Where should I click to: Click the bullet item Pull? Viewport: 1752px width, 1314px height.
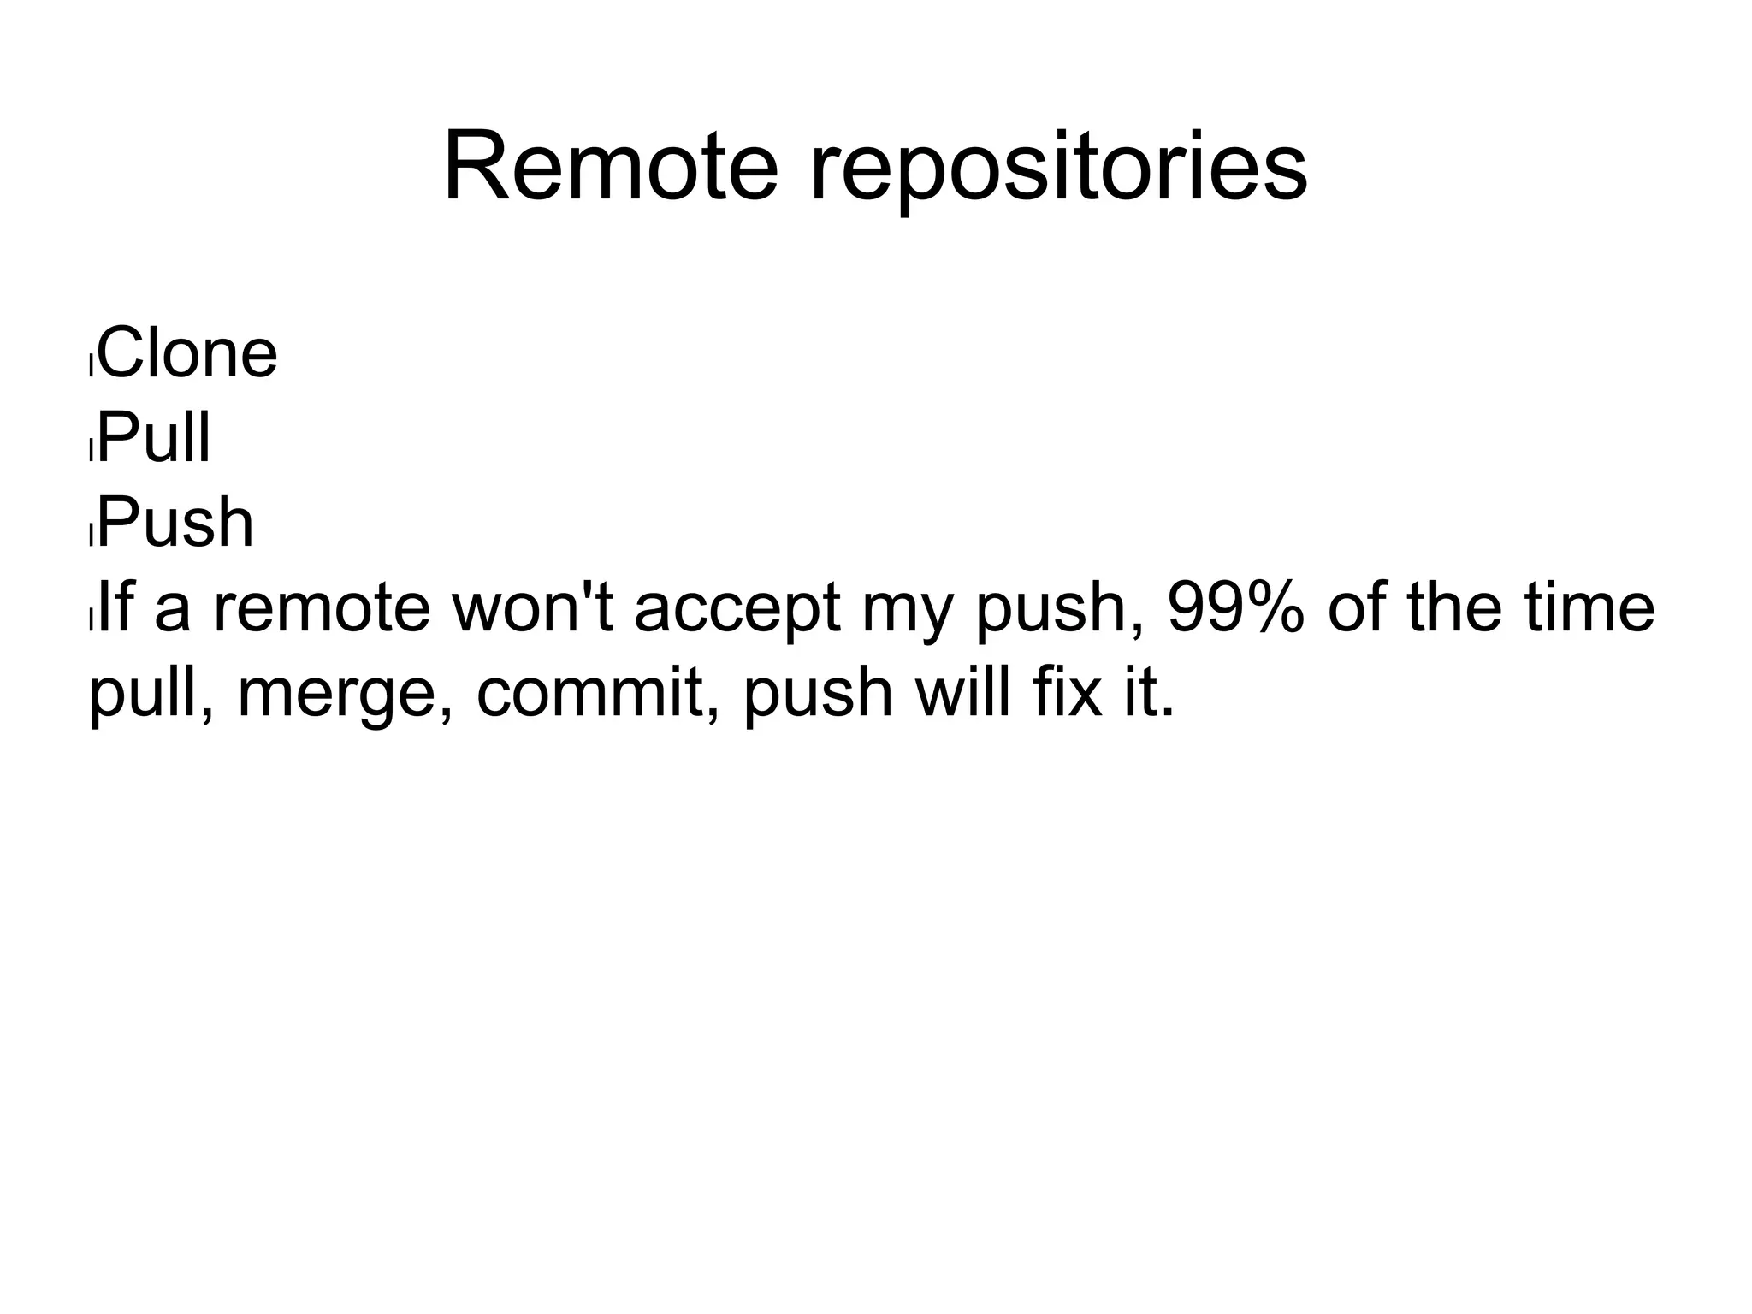pyautogui.click(x=154, y=438)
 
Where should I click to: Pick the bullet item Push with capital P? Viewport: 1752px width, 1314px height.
pyautogui.click(x=175, y=523)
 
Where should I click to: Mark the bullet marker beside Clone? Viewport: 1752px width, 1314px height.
pyautogui.click(x=91, y=365)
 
